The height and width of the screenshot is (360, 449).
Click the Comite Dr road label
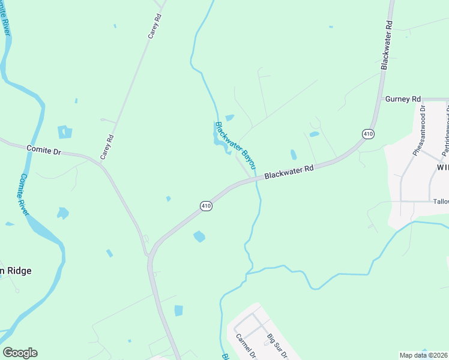44,150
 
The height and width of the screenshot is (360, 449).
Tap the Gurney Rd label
403,98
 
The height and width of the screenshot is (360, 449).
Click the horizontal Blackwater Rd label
289,172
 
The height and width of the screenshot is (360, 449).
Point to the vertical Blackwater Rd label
387,45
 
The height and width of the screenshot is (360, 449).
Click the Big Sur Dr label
279,346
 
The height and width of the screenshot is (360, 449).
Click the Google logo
20,353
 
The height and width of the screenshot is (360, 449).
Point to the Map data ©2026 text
424,355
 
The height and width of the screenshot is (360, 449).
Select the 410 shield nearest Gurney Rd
368,133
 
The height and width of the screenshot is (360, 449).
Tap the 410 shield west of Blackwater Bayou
206,206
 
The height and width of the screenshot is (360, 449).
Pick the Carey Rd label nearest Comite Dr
107,147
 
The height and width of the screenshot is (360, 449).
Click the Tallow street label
440,202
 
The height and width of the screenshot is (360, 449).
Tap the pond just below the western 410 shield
199,236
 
